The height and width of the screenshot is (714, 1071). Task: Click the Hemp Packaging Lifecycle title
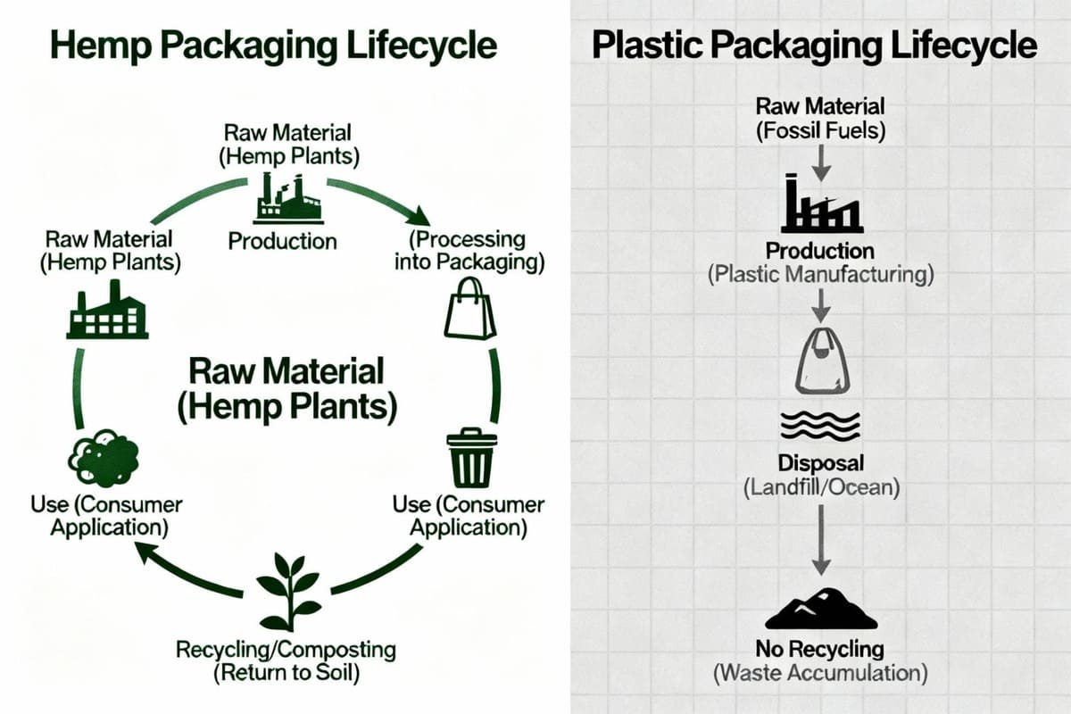click(273, 45)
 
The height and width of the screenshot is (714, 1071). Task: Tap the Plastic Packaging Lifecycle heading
click(814, 45)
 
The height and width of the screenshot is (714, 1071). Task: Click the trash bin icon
click(470, 457)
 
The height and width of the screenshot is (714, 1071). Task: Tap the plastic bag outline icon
click(821, 361)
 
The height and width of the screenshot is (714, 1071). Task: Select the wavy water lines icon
click(821, 426)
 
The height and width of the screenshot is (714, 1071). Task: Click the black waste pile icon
click(821, 609)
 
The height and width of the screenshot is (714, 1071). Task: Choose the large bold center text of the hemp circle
click(286, 388)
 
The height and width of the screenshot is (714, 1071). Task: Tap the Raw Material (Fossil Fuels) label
click(820, 118)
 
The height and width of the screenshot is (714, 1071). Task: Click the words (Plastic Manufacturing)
click(821, 274)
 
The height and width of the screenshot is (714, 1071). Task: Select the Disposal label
click(821, 464)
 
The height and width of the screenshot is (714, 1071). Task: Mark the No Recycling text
click(820, 649)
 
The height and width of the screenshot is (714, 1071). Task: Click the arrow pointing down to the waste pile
click(821, 541)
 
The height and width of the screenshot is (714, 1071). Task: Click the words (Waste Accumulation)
click(820, 673)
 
